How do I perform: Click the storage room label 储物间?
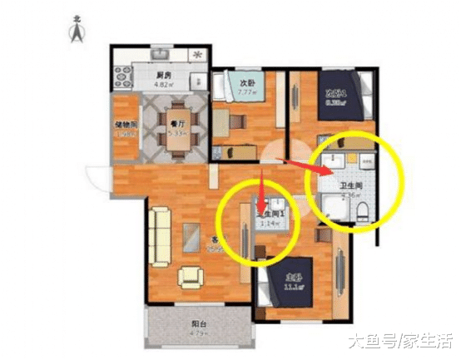[125, 126]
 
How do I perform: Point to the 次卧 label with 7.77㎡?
[247, 83]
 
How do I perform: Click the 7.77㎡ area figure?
[247, 93]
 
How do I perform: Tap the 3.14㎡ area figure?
[266, 224]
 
